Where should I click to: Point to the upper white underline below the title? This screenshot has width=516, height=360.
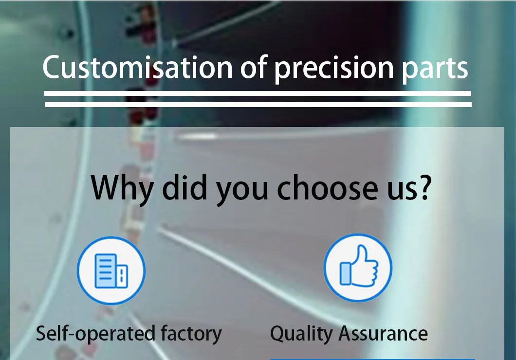(258, 93)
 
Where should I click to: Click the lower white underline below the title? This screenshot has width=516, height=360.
(258, 104)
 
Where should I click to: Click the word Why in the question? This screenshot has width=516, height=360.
(121, 188)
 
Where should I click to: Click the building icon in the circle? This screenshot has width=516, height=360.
(111, 270)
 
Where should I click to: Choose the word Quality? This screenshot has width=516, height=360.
(301, 334)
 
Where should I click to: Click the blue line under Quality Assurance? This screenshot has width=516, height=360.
(372, 359)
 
